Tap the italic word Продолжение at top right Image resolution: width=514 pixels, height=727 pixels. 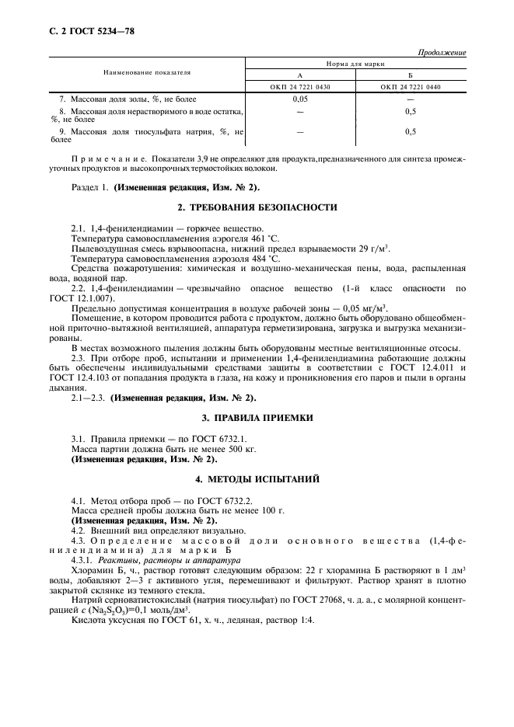tap(442, 52)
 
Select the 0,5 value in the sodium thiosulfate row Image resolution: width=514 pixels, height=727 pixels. tap(411, 132)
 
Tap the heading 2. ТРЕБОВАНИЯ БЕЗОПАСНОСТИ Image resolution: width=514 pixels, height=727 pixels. tap(257, 207)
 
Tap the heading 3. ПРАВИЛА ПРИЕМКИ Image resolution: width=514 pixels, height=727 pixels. tap(257, 419)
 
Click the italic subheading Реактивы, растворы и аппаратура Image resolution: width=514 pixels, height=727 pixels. tap(158, 560)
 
